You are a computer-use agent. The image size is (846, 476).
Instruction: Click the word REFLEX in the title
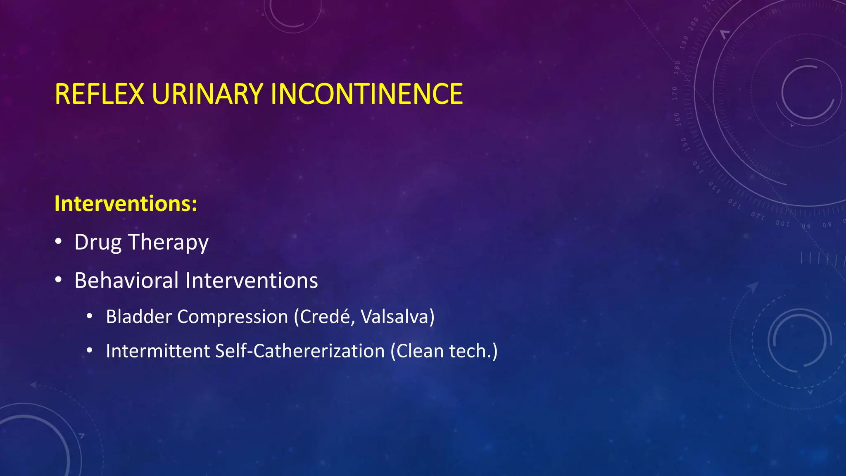pos(99,94)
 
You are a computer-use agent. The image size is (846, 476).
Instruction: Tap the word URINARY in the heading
pos(207,94)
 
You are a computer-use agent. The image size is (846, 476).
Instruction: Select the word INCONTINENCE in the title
pos(366,94)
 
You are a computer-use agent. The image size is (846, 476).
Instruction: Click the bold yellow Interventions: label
pos(126,204)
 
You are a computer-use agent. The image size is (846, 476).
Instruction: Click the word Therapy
pos(169,243)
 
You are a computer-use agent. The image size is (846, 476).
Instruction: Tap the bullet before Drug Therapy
pos(59,242)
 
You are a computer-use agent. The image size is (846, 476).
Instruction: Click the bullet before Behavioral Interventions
pos(59,280)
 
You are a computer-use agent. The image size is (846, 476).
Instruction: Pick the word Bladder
pos(138,317)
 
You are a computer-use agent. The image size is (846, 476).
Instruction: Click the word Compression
pos(233,317)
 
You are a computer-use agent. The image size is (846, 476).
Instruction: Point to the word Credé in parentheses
pos(325,317)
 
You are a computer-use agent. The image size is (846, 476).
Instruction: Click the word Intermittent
pos(158,351)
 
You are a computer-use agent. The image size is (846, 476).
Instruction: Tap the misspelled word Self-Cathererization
pos(300,351)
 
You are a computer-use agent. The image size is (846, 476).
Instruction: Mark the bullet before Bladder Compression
pos(90,317)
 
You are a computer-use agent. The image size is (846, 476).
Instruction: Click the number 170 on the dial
pos(675,93)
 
